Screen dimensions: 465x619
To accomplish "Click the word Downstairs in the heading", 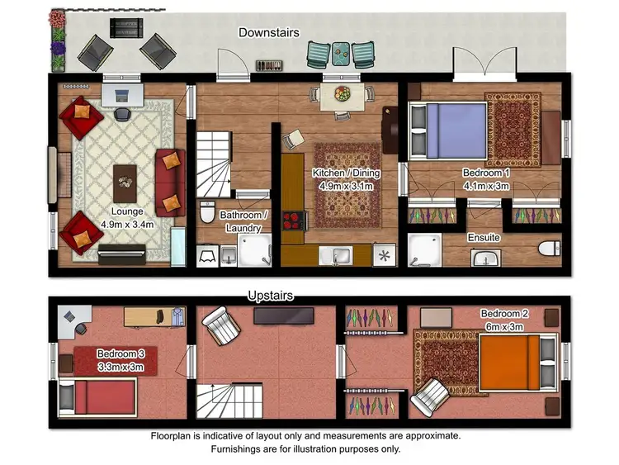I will pyautogui.click(x=268, y=32).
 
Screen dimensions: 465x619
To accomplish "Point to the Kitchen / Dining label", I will pyautogui.click(x=345, y=173).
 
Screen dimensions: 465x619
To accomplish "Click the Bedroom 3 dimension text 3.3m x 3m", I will pyautogui.click(x=120, y=367).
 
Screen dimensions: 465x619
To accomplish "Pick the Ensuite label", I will pyautogui.click(x=484, y=238).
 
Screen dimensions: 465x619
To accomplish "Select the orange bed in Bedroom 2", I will pyautogui.click(x=511, y=361).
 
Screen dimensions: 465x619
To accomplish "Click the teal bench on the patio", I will pyautogui.click(x=338, y=54).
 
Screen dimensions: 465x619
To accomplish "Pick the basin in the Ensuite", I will pyautogui.click(x=487, y=259).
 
